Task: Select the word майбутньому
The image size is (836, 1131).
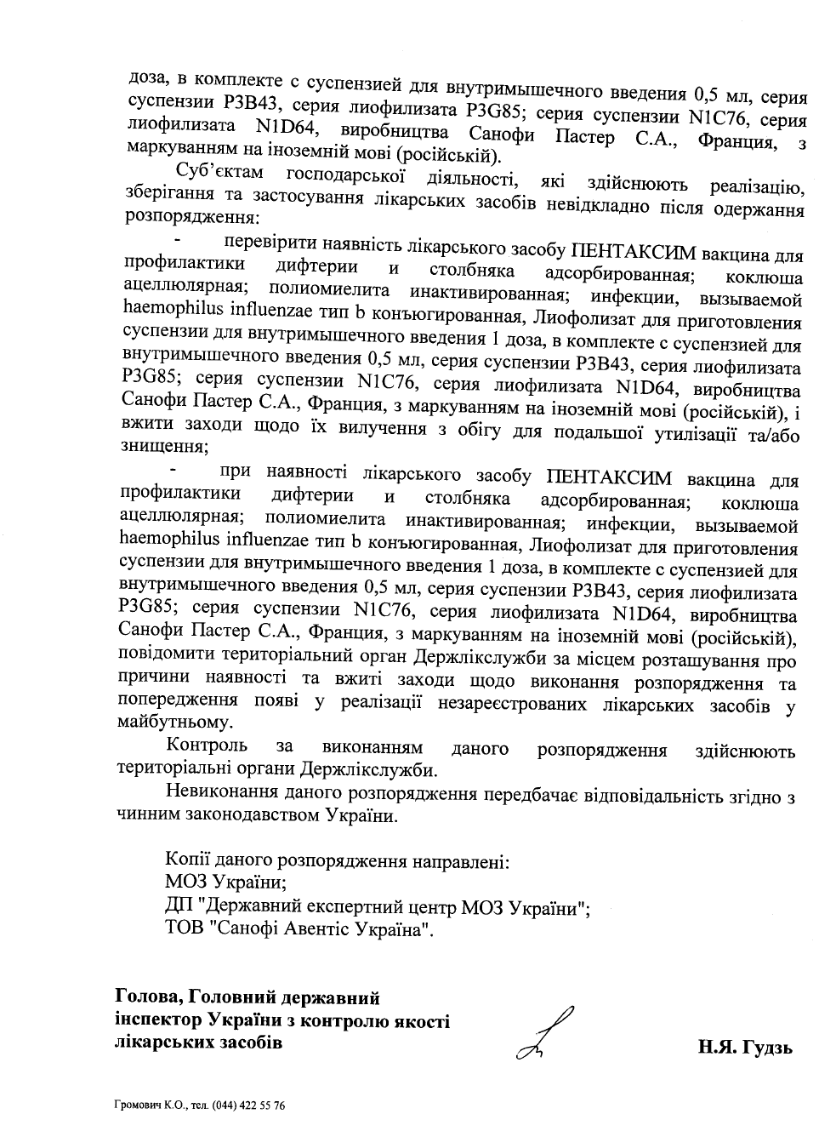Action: pyautogui.click(x=175, y=723)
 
